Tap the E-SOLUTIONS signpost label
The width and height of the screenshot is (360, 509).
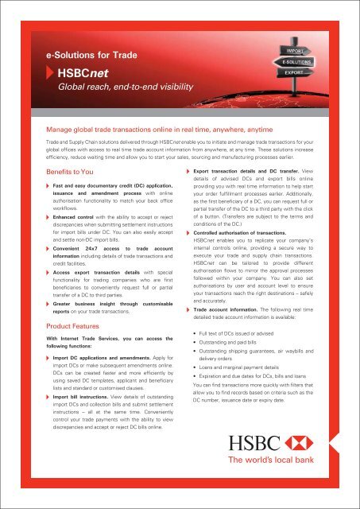tap(295, 60)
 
